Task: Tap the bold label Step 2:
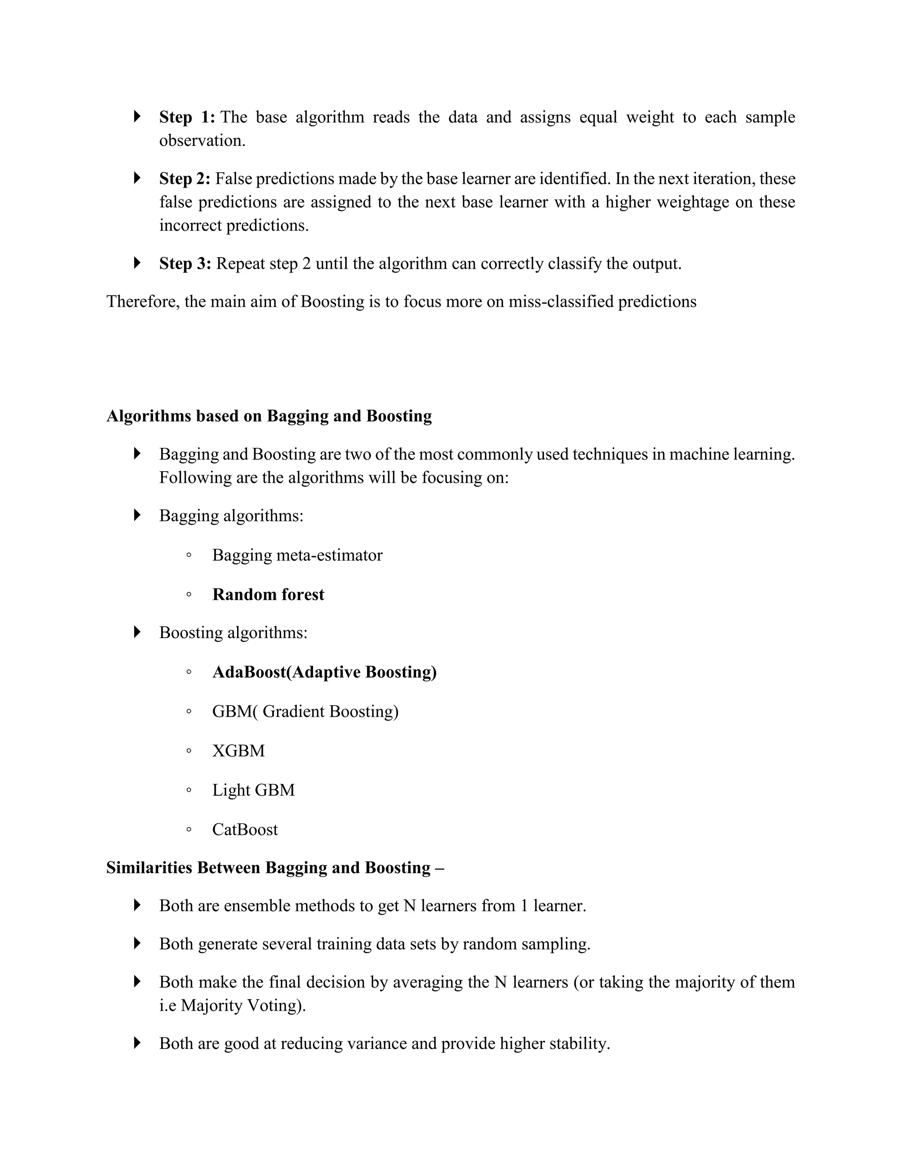(x=185, y=178)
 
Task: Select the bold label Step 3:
(x=185, y=263)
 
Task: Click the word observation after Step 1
(x=202, y=140)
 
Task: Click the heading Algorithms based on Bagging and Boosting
(x=269, y=416)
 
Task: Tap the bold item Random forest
(x=268, y=594)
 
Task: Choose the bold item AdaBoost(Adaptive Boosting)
(x=324, y=672)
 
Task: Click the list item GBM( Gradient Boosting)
(x=305, y=711)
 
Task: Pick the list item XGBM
(x=238, y=751)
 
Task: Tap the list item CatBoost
(x=245, y=829)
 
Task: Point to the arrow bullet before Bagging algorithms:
(x=137, y=515)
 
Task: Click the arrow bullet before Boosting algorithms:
(x=137, y=632)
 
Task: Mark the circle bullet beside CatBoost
(x=189, y=830)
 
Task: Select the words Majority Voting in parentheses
(x=241, y=1006)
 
